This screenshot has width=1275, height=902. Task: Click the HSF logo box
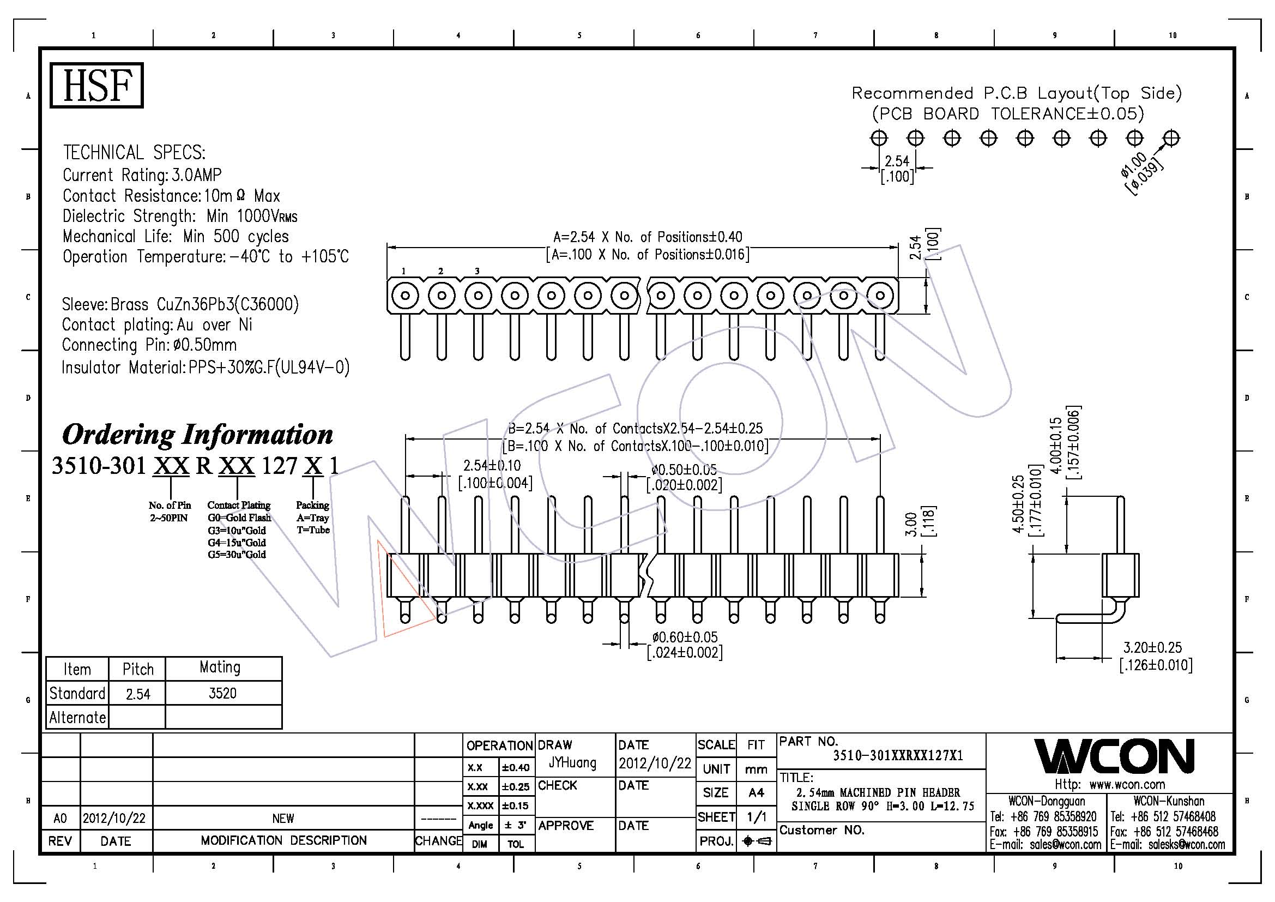tap(96, 86)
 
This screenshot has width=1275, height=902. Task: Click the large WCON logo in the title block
tap(1114, 756)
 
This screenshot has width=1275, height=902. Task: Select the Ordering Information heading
tap(197, 434)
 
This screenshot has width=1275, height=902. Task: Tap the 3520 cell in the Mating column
tap(223, 693)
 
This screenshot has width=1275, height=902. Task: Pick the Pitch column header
tap(138, 669)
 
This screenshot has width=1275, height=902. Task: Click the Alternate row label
tap(77, 718)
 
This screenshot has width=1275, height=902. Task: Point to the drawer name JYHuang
tap(572, 763)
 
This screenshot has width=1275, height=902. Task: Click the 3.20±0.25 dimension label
tap(1153, 648)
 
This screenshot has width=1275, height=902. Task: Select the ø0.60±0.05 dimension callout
tap(685, 637)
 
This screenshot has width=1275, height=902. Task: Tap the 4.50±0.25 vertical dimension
tap(1018, 504)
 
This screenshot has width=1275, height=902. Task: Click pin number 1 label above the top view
tap(404, 271)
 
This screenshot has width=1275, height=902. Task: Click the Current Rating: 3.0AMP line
tap(142, 175)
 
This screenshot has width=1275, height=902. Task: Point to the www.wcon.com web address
tap(1127, 784)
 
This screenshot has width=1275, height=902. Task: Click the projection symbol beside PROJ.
tap(757, 841)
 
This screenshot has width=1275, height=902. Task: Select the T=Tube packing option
tap(313, 530)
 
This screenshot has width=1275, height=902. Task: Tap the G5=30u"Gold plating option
tap(237, 554)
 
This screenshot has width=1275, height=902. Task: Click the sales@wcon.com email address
tap(1065, 845)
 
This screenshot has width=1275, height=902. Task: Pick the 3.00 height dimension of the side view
tap(910, 524)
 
